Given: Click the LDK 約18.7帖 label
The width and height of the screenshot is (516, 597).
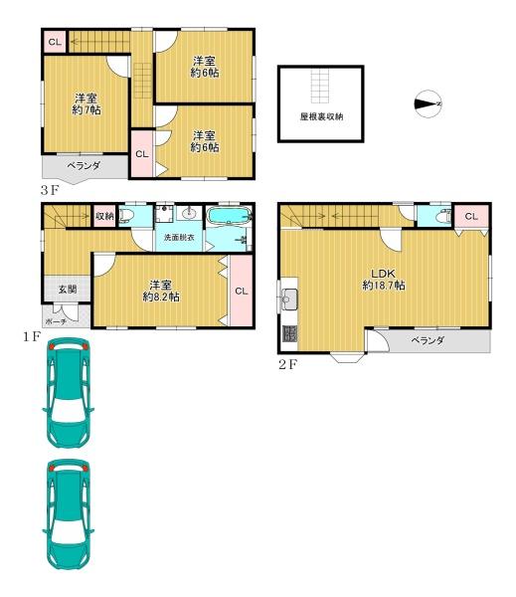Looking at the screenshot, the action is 384,279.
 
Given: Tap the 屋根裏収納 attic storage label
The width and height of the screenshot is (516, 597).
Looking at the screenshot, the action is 321,116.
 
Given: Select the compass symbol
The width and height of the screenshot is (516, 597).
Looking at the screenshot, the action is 428,103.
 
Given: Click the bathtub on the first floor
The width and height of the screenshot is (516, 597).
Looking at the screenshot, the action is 230,217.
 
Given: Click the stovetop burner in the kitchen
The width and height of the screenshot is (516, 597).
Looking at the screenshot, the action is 289,334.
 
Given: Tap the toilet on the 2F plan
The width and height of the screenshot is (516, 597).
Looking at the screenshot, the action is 443,216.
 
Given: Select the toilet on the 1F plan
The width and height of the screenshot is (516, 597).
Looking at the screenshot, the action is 126,216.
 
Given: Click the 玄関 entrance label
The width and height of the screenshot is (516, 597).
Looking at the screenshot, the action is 68,289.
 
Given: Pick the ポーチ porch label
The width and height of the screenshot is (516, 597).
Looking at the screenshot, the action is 56,321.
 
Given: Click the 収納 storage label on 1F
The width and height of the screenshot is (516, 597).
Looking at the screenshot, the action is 104,216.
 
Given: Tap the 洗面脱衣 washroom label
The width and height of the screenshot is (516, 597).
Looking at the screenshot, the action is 179,237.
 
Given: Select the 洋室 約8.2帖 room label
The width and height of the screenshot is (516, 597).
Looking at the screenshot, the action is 161,291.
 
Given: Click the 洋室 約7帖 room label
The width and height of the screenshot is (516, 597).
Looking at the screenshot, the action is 86,104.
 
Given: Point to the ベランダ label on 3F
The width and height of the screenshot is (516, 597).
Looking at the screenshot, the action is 84,166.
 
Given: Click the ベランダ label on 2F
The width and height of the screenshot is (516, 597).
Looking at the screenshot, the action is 428,340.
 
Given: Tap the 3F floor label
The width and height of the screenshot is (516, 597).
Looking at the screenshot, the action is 51,190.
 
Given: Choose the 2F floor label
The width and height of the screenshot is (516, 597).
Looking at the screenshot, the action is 287,365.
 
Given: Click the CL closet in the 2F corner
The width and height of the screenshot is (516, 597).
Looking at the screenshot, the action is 471,216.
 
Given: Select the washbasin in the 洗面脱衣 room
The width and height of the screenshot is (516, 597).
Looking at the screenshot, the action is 189,213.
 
